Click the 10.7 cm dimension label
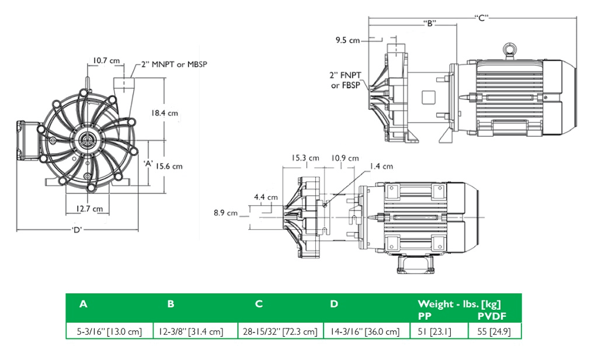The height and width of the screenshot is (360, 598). [x=106, y=61]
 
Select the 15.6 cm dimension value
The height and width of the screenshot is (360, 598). [x=169, y=166]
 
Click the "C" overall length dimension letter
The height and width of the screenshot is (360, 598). [x=481, y=18]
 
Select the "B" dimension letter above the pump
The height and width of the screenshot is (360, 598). [x=430, y=24]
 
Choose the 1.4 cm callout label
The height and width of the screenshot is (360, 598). [x=381, y=167]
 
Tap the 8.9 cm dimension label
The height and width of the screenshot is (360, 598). [x=226, y=213]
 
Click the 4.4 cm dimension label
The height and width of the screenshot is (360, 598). [x=266, y=198]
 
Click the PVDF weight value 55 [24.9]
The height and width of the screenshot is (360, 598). [x=494, y=332]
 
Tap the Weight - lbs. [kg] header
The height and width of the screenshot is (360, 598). [x=459, y=304]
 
